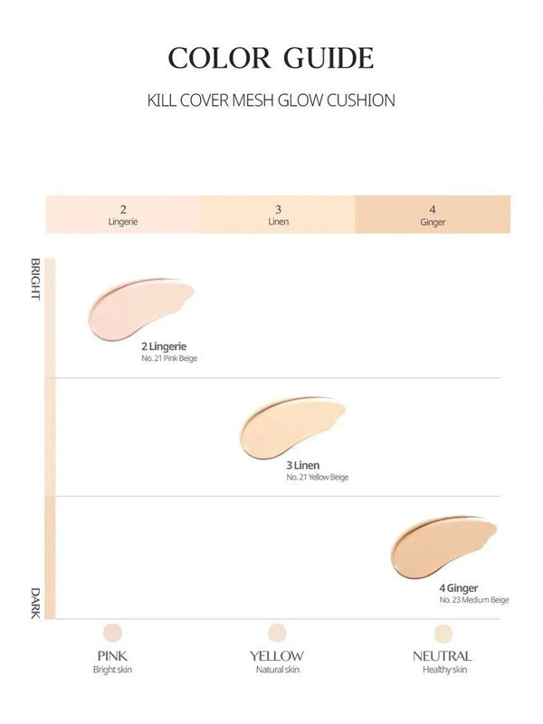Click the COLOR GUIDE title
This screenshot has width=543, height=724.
point(271,57)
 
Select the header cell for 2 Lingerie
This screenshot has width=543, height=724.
point(123,214)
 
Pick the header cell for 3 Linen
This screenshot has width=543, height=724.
point(278,214)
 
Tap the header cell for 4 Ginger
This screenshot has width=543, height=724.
point(433,214)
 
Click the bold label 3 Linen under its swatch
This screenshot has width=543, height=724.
point(302,465)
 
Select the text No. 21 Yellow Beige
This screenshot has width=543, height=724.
point(317,478)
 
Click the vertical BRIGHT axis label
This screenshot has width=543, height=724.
point(36,280)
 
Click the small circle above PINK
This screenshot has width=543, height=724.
point(113,632)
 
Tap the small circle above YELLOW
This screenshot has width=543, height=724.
point(277,632)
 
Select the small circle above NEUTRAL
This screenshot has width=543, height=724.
point(443,632)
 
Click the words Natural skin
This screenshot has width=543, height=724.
point(277,670)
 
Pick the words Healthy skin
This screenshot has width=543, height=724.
point(443,670)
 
